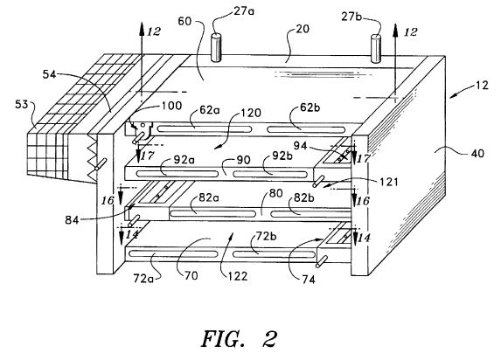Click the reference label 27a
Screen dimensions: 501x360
[x=245, y=11]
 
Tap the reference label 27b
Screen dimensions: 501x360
[x=351, y=16]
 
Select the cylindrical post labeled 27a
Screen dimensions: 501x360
[x=216, y=47]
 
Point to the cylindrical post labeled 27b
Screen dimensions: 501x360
[x=376, y=49]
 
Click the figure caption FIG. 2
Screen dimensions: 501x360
[x=239, y=339]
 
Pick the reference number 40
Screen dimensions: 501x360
[x=477, y=154]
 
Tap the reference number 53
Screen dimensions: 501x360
[x=21, y=105]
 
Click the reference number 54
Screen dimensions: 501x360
[x=50, y=74]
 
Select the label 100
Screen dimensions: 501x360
[x=172, y=106]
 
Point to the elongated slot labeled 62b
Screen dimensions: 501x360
[x=306, y=129]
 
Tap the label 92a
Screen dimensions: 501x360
[x=184, y=159]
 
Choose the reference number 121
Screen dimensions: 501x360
[x=388, y=182]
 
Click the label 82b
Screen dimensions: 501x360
[x=304, y=198]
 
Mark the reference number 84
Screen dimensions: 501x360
[x=72, y=220]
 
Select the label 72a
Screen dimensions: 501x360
[x=143, y=279]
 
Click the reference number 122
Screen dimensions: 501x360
[x=238, y=276]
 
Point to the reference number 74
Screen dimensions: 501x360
[x=309, y=280]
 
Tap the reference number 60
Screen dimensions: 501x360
[x=184, y=21]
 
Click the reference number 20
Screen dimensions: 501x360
[x=303, y=29]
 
